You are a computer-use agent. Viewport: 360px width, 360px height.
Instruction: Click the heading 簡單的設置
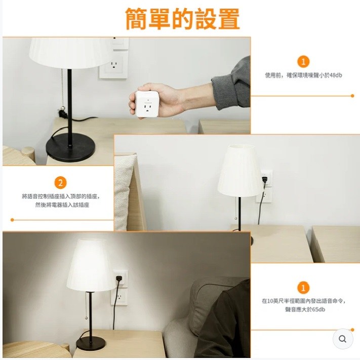(183, 19)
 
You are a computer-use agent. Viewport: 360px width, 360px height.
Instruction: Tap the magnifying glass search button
(343, 339)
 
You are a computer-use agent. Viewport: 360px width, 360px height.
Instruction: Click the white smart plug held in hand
(147, 104)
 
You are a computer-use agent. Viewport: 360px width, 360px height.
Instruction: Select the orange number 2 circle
(60, 183)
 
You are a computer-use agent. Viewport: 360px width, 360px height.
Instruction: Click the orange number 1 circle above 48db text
(303, 62)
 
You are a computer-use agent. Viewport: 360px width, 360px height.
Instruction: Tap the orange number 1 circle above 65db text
(303, 288)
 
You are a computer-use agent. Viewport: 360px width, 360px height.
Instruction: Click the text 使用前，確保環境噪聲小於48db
(303, 75)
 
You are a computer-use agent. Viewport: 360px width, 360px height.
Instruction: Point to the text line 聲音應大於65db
(305, 309)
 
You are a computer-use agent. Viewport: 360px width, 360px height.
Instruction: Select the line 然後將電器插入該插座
(62, 205)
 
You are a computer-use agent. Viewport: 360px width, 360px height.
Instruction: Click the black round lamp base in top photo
(70, 147)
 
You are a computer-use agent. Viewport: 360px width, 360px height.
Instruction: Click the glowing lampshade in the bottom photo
(90, 265)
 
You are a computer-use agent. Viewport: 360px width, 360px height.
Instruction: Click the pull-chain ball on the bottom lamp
(86, 318)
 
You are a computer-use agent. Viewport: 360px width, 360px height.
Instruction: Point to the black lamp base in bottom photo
(91, 343)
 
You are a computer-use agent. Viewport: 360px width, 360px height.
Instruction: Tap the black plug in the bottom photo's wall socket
(119, 278)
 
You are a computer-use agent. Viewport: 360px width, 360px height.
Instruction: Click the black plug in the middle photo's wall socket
(264, 180)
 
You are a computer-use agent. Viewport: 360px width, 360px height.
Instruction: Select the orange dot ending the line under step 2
(12, 220)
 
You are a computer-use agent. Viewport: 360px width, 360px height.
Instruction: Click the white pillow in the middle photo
(124, 192)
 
